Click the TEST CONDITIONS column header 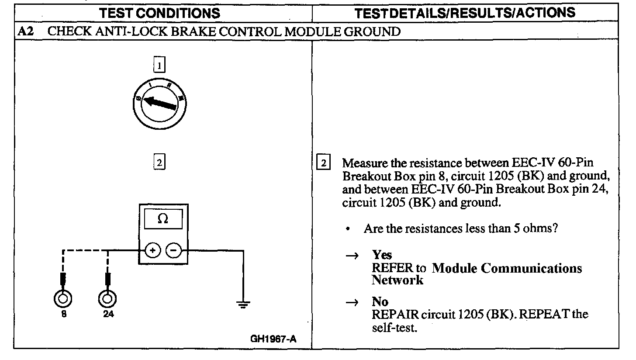(160, 13)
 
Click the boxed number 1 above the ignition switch (159, 66)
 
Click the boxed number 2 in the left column (159, 163)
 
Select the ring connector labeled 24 (107, 299)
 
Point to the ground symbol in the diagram (242, 304)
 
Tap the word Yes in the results (382, 255)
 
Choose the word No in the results (380, 302)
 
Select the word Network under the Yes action (397, 280)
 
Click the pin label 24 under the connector (108, 314)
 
